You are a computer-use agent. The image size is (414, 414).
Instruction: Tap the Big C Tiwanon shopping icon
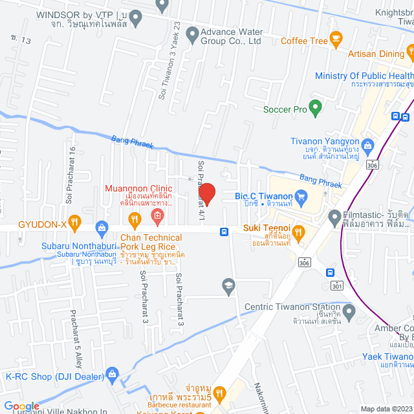pyautogui.click(x=300, y=195)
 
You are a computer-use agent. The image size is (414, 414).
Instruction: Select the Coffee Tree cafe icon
pyautogui.click(x=335, y=41)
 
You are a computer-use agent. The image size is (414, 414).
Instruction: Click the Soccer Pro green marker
pyautogui.click(x=316, y=108)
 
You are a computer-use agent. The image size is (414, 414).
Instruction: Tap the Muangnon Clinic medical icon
pyautogui.click(x=156, y=214)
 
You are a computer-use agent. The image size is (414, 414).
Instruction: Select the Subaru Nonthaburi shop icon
pyautogui.click(x=101, y=227)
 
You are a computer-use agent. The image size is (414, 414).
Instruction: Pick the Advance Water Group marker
pyautogui.click(x=192, y=34)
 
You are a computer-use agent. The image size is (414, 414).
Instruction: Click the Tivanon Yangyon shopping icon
pyautogui.click(x=368, y=144)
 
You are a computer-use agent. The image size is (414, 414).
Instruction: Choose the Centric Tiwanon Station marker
pyautogui.click(x=349, y=314)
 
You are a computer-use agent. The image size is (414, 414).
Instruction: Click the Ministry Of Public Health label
pyautogui.click(x=364, y=76)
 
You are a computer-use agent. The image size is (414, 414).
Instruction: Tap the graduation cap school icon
pyautogui.click(x=228, y=285)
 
